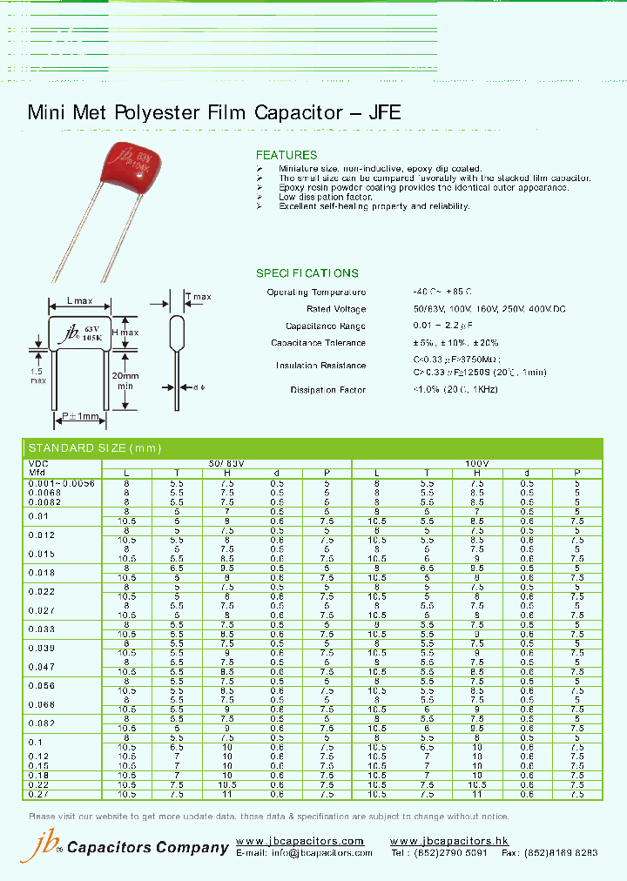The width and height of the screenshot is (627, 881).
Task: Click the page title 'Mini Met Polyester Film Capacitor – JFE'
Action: pyautogui.click(x=214, y=112)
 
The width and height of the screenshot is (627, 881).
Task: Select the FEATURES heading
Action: pyautogui.click(x=287, y=155)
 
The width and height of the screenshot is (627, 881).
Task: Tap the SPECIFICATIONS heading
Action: pyautogui.click(x=307, y=272)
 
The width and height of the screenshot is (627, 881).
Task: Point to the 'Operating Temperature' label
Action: pyautogui.click(x=316, y=293)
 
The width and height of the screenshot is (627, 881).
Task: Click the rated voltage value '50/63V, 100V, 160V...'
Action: pyautogui.click(x=476, y=309)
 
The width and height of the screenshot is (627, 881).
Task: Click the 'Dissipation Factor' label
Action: pyautogui.click(x=328, y=390)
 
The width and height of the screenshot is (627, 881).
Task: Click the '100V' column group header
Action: pyautogui.click(x=477, y=464)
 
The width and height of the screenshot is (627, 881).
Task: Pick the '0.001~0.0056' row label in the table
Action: pyautogui.click(x=61, y=482)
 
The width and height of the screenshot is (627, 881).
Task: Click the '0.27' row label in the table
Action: pyautogui.click(x=38, y=794)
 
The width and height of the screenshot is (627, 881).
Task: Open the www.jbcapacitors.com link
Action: pyautogui.click(x=300, y=841)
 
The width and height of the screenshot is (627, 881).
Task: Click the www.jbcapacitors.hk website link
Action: pyautogui.click(x=449, y=841)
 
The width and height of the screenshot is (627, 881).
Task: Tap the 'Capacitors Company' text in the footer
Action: pyautogui.click(x=148, y=848)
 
